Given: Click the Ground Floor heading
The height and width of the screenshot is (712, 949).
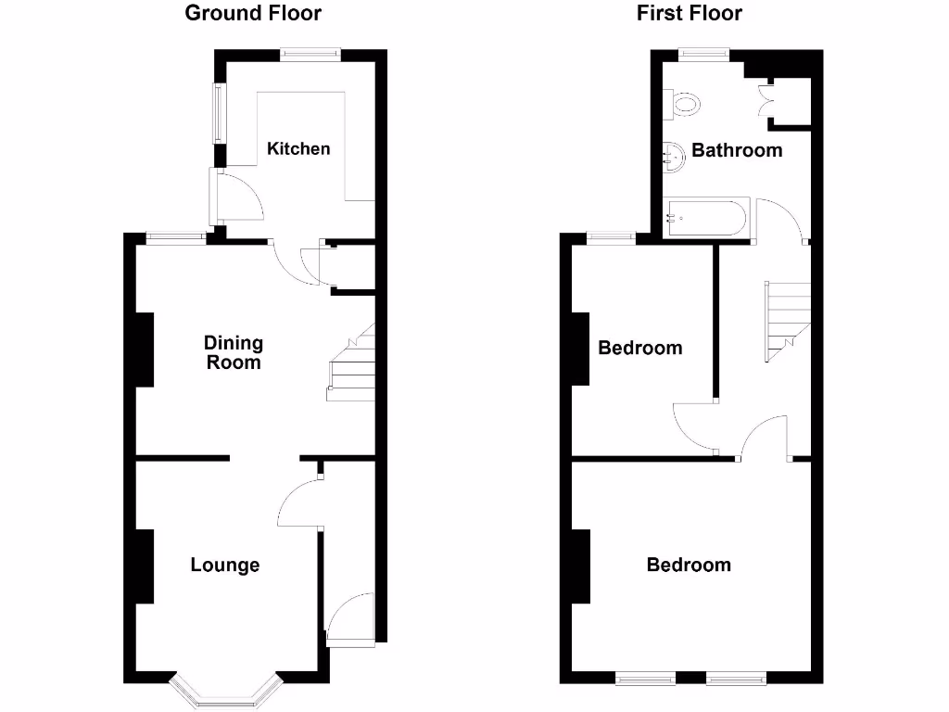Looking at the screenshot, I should tap(253, 13).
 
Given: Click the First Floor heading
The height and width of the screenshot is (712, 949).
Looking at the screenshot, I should tap(689, 13).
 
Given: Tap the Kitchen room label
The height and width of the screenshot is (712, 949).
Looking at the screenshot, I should tap(298, 148).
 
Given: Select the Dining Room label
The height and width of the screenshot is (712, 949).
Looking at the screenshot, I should tap(234, 352).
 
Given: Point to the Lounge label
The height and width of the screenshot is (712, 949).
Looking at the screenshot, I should tap(225, 565).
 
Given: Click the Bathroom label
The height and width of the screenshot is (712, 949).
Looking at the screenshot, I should tap(737, 150).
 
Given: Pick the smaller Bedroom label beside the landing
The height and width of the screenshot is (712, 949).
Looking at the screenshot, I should tap(640, 349).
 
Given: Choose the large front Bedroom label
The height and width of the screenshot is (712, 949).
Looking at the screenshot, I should tap(689, 565).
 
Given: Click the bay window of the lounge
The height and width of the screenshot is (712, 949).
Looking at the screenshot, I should tap(225, 691).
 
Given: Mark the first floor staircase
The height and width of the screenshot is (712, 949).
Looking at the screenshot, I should tap(787, 320).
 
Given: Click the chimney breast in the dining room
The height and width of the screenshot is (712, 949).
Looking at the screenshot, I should tap(145, 350).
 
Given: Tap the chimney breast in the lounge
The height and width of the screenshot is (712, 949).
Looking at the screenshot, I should tap(145, 566).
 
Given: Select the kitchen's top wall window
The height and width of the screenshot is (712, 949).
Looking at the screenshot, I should tap(311, 55).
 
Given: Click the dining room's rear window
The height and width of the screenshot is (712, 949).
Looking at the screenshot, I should tap(176, 238).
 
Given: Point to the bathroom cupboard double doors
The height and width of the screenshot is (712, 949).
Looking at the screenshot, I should tap(768, 100).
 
